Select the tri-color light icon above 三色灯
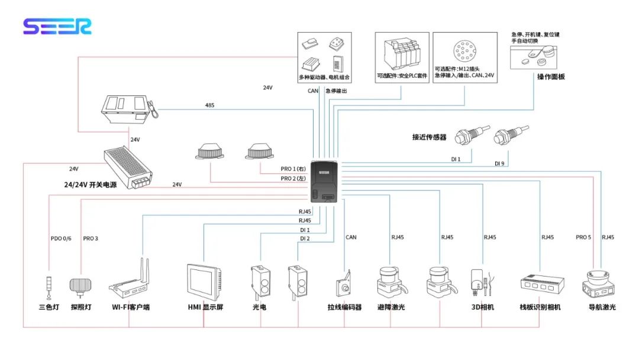point(49,287)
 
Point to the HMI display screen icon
point(204,282)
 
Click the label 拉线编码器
point(344,307)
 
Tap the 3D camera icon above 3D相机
point(479,282)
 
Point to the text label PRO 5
point(583,237)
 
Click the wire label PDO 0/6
point(61,239)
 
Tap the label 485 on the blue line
point(210,105)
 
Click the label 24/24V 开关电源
point(91,185)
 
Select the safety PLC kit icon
point(402,55)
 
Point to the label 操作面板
point(551,77)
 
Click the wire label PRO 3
point(91,239)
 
